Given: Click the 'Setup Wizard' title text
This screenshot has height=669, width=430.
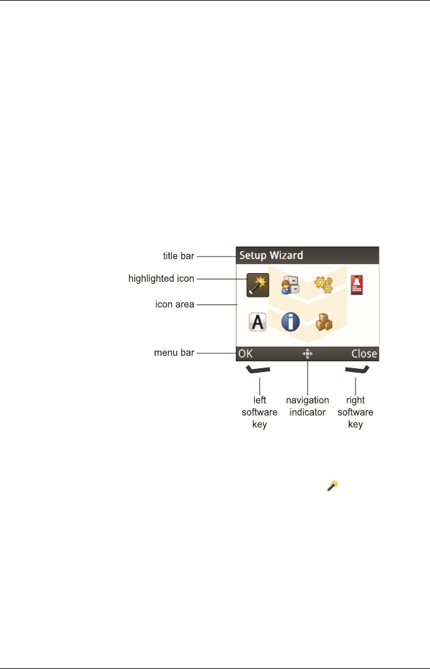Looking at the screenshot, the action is pyautogui.click(x=271, y=255).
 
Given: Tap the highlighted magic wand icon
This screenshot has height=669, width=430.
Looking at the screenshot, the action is pyautogui.click(x=258, y=286).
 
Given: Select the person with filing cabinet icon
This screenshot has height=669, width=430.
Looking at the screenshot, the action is pyautogui.click(x=290, y=286).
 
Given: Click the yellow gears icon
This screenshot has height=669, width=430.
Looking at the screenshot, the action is pyautogui.click(x=323, y=286).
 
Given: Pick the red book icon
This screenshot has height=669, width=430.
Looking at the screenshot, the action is pyautogui.click(x=358, y=285).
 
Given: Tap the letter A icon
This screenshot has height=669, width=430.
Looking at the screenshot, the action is pyautogui.click(x=258, y=322).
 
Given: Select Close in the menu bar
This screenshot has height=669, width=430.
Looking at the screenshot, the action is pyautogui.click(x=364, y=354).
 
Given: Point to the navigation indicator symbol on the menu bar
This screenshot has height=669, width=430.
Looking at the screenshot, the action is pyautogui.click(x=307, y=354).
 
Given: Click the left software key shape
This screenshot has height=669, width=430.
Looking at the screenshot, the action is pyautogui.click(x=258, y=370).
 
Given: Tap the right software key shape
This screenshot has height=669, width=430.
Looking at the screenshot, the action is pyautogui.click(x=356, y=370).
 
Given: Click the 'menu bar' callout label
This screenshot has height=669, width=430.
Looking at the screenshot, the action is pyautogui.click(x=174, y=353).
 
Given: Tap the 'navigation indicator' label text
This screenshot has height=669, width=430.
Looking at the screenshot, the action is pyautogui.click(x=307, y=407).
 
